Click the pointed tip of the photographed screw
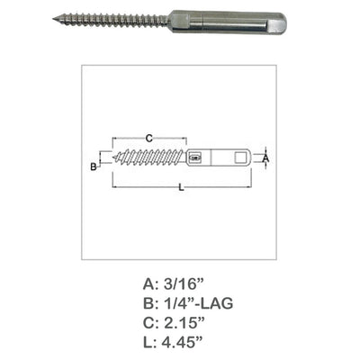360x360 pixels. [53, 19]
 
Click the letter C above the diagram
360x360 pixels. [149, 139]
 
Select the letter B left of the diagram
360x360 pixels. [94, 166]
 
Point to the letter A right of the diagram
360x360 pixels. [265, 157]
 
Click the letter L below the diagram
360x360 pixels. [181, 188]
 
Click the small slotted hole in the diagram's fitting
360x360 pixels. [195, 157]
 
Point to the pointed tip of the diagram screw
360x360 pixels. [113, 157]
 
